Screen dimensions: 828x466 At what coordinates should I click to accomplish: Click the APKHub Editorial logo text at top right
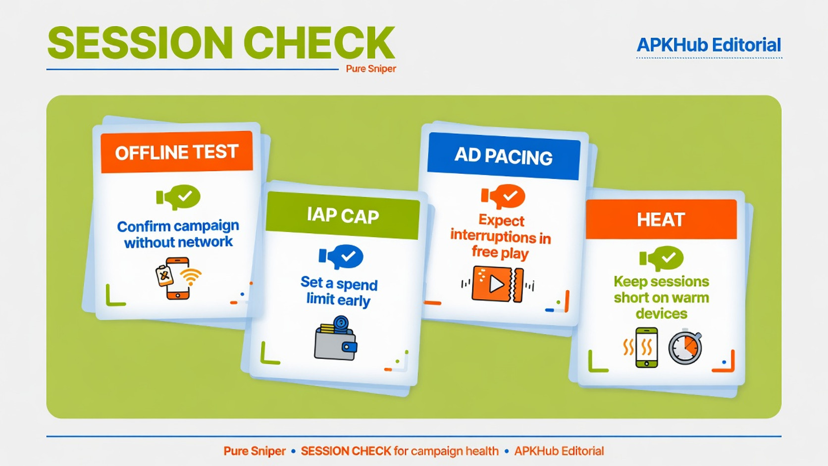pyautogui.click(x=709, y=45)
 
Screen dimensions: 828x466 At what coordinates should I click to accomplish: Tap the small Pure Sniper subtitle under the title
pyautogui.click(x=371, y=69)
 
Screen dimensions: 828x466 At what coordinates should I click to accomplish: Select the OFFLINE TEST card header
pyautogui.click(x=177, y=152)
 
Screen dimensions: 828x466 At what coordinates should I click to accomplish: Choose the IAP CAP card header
pyautogui.click(x=343, y=215)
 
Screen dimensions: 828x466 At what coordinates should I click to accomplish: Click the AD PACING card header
pyautogui.click(x=504, y=156)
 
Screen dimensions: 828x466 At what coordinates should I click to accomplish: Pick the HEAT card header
pyautogui.click(x=661, y=219)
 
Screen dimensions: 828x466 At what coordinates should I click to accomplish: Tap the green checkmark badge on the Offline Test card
pyautogui.click(x=179, y=197)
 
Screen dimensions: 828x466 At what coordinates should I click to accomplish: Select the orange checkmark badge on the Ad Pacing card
pyautogui.click(x=503, y=196)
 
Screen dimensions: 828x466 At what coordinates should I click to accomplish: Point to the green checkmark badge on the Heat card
pyautogui.click(x=662, y=258)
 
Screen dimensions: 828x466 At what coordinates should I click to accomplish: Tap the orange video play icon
pyautogui.click(x=498, y=284)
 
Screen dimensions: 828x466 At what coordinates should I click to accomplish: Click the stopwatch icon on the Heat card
pyautogui.click(x=685, y=347)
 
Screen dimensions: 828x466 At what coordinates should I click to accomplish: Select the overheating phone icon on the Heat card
pyautogui.click(x=641, y=347)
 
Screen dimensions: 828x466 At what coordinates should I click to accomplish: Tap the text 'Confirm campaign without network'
pyautogui.click(x=178, y=234)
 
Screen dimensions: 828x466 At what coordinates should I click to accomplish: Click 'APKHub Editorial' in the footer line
pyautogui.click(x=559, y=451)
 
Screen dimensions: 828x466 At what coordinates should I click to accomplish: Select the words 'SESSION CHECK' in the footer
pyautogui.click(x=346, y=451)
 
